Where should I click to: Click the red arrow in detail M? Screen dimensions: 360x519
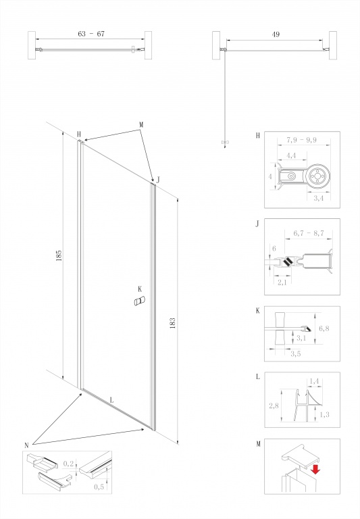tap(315, 469)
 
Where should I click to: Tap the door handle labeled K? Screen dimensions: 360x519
tap(139, 301)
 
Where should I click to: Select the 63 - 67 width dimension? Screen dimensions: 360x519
tap(91, 34)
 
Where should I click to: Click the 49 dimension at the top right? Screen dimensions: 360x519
tap(276, 34)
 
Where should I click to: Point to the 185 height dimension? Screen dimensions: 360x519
tap(59, 255)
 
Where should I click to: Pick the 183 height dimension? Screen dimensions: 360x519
tap(172, 323)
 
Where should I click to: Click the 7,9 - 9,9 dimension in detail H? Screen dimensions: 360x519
tap(302, 140)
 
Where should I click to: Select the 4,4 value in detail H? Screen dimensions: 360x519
tap(291, 155)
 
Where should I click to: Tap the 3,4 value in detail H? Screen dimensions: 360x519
tap(318, 198)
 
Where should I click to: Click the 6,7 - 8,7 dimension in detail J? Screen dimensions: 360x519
tap(308, 233)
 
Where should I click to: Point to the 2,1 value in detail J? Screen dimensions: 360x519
tap(282, 282)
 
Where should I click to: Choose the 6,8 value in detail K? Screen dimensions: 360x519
tap(324, 328)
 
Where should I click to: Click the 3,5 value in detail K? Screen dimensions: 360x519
tap(295, 353)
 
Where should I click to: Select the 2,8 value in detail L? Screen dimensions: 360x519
tap(274, 405)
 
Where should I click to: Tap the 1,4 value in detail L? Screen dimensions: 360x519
tap(314, 381)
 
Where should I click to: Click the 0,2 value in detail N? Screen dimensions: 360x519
tap(68, 464)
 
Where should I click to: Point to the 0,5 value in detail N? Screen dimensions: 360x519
tap(99, 487)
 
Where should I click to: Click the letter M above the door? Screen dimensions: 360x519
tap(141, 125)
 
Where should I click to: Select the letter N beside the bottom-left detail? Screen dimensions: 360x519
tap(26, 445)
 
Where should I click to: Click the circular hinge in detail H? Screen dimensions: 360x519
tap(317, 176)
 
